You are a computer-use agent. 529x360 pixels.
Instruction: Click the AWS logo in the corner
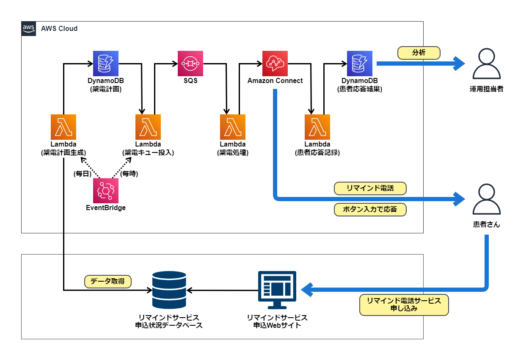pyautogui.click(x=29, y=28)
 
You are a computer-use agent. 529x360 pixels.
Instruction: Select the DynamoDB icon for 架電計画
pyautogui.click(x=106, y=64)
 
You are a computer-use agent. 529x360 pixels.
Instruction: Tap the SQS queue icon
pyautogui.click(x=190, y=64)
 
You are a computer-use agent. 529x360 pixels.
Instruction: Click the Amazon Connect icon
pyautogui.click(x=275, y=64)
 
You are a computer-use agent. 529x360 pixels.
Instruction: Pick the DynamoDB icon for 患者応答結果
pyautogui.click(x=360, y=64)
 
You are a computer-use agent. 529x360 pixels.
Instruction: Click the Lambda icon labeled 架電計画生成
pyautogui.click(x=63, y=127)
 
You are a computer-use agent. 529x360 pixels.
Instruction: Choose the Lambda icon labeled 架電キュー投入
pyautogui.click(x=148, y=127)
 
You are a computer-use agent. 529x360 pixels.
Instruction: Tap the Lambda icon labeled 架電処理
pyautogui.click(x=233, y=127)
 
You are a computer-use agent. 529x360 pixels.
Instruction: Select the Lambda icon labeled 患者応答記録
pyautogui.click(x=317, y=127)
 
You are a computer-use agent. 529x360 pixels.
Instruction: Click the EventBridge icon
pyautogui.click(x=106, y=191)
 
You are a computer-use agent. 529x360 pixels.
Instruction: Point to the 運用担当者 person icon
pyautogui.click(x=486, y=64)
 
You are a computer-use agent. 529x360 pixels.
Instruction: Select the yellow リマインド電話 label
pyautogui.click(x=370, y=188)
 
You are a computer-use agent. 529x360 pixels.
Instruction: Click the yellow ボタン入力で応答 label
pyautogui.click(x=370, y=209)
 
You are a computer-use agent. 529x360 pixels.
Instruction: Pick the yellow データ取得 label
pyautogui.click(x=108, y=281)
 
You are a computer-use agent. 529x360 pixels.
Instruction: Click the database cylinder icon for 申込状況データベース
pyautogui.click(x=169, y=290)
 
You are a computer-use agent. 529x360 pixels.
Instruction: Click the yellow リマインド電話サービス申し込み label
pyautogui.click(x=404, y=305)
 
